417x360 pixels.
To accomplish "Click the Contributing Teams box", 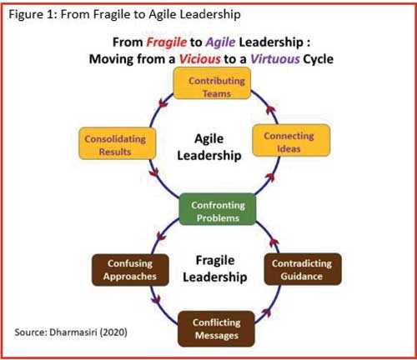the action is coord(212,83).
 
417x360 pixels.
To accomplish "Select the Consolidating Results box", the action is coord(117,143).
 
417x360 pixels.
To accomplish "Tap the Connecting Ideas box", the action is coord(291,140).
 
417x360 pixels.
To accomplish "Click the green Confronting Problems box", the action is coord(218,209).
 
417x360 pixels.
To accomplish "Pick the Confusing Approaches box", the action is coord(130,270).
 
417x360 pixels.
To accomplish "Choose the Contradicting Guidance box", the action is coord(303,269).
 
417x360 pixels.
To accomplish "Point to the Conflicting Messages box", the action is coord(216,329).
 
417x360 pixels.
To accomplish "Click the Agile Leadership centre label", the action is coord(209,147).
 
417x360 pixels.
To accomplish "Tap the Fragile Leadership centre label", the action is coord(215,268).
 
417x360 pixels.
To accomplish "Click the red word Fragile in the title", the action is coord(167,42).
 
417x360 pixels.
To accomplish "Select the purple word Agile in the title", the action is coord(220,42).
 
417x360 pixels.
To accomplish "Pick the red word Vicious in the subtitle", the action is coord(199,59).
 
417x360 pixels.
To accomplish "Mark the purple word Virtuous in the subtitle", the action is coord(275,59).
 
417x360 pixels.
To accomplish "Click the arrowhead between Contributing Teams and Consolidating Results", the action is coord(163,103).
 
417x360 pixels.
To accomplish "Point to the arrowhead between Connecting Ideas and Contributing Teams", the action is coord(270,110).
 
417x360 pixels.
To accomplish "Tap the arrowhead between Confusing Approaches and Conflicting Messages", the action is coord(156,301).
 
